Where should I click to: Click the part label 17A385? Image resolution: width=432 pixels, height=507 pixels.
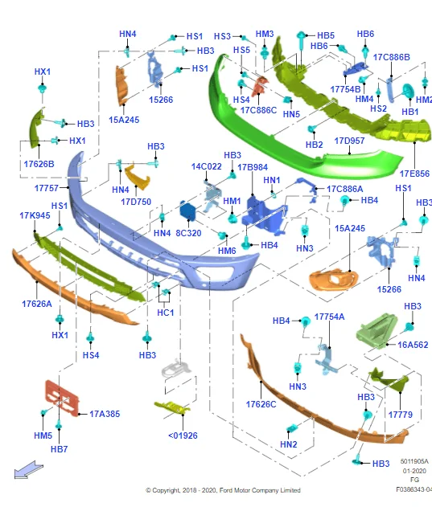coord(105,414)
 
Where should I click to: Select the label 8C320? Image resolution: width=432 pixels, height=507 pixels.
coord(188,233)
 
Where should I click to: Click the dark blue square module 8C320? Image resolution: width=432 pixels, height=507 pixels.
coord(187,211)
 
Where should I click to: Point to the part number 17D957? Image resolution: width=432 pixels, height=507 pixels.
coord(349,141)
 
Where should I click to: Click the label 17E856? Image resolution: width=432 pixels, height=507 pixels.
coord(414,174)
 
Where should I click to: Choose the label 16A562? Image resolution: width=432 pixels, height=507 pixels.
coord(413,345)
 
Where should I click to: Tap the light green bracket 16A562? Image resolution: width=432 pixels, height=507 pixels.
coord(376,330)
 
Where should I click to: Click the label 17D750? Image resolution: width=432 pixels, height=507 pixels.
coord(136,202)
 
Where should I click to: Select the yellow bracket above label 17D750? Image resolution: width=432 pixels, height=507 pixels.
coord(137,177)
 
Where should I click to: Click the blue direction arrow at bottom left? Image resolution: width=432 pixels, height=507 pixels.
coord(28,470)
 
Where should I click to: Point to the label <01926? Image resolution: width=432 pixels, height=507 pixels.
coord(183,435)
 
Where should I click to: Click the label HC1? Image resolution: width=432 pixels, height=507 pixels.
coord(166,313)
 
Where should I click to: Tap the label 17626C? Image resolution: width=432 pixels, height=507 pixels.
coord(261,404)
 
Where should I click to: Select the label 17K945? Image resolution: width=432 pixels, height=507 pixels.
coord(35,215)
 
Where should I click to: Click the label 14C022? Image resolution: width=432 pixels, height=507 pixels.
coord(207,167)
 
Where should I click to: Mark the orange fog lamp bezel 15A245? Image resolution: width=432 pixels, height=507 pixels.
coord(334,280)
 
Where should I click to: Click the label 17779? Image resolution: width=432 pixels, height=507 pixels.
coord(401,415)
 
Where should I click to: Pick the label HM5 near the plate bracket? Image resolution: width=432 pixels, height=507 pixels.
coord(43,435)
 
